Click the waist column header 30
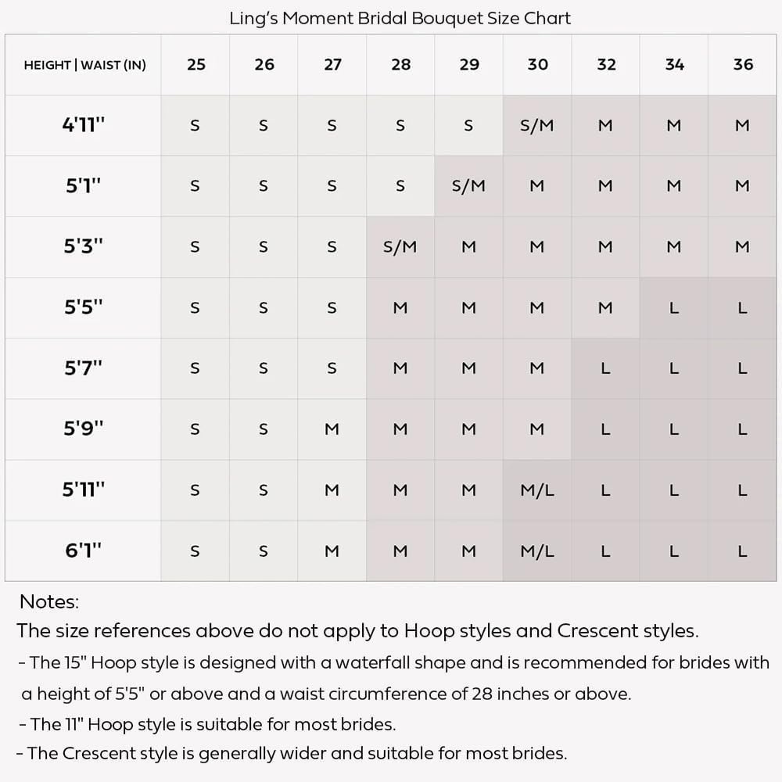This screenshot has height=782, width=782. click(537, 64)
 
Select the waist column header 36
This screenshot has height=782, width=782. click(743, 64)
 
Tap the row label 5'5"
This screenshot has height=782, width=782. click(84, 307)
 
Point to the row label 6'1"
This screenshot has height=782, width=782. click(84, 551)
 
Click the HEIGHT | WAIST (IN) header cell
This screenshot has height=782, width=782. click(84, 65)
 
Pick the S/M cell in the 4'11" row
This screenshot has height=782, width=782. click(537, 125)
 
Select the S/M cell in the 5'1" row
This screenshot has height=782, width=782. click(468, 186)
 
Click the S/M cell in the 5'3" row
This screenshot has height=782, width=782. click(400, 247)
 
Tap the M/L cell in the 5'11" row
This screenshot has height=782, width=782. click(537, 490)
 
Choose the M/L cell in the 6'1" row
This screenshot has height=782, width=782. click(537, 551)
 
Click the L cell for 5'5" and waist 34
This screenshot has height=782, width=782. click(674, 308)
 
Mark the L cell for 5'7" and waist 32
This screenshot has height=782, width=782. click(605, 368)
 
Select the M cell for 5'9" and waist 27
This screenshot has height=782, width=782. click(332, 429)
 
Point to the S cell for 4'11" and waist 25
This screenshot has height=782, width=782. click(195, 125)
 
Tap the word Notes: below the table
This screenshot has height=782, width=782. click(49, 601)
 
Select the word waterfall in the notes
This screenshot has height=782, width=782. click(372, 663)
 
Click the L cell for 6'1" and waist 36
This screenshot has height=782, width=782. click(743, 551)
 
